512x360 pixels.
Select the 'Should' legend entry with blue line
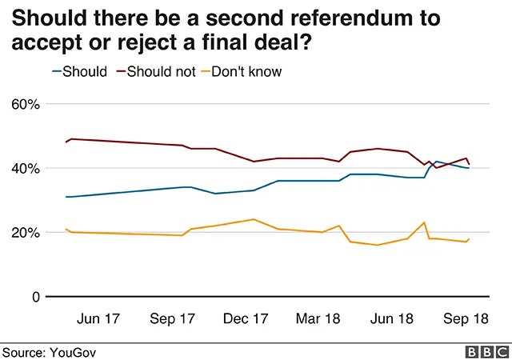click(x=79, y=71)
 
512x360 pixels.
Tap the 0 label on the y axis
click(x=35, y=297)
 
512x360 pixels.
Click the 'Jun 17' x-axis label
click(x=99, y=318)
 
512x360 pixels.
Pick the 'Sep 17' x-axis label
click(x=173, y=318)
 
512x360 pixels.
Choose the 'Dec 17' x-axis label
click(x=246, y=318)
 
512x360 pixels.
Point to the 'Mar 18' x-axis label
click(x=318, y=318)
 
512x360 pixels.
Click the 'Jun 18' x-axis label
click(x=392, y=318)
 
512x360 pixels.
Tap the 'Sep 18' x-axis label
click(x=465, y=318)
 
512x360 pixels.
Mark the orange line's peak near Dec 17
click(x=254, y=219)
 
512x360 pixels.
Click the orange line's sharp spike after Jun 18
click(x=424, y=222)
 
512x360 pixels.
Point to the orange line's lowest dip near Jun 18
click(x=377, y=245)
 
